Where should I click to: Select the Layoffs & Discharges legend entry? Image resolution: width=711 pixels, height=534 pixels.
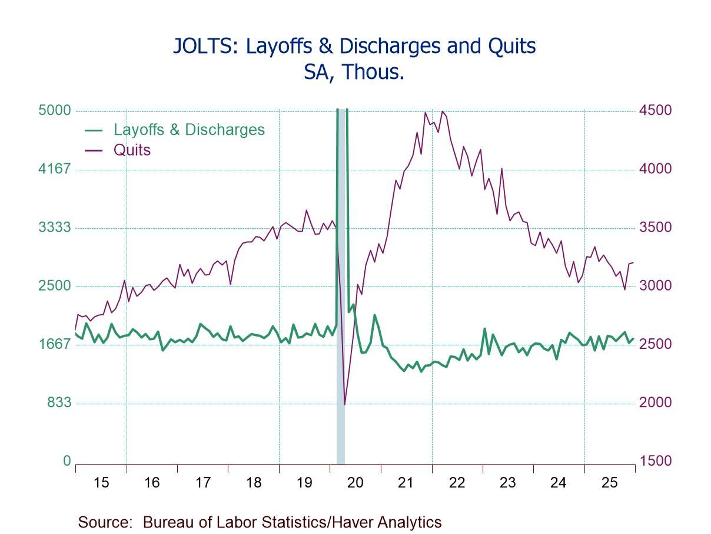(189, 130)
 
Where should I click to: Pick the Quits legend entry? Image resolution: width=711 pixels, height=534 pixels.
(132, 150)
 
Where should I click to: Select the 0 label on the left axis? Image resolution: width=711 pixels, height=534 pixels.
(67, 461)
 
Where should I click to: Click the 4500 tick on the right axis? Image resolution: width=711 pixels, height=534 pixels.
(655, 111)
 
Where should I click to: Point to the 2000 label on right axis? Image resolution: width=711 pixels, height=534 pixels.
(655, 403)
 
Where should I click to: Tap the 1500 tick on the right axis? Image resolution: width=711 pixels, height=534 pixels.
(655, 461)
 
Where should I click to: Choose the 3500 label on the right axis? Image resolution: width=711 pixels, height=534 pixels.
(655, 228)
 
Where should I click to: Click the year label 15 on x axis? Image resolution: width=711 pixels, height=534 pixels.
(101, 483)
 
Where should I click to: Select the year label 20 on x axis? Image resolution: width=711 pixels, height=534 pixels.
(355, 483)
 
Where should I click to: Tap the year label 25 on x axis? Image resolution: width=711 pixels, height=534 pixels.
(609, 483)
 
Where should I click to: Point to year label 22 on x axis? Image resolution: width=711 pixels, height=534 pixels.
(457, 483)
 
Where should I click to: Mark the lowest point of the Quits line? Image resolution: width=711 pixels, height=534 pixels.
(344, 404)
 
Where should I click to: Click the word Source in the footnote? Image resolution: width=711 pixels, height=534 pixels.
(104, 522)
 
